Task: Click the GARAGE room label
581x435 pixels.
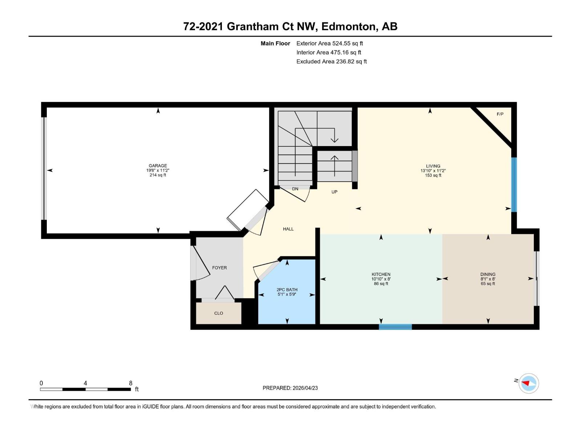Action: click(158, 166)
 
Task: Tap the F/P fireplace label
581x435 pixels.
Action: click(500, 114)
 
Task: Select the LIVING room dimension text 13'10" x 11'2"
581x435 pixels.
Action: click(433, 171)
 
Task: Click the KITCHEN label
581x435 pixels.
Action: click(381, 274)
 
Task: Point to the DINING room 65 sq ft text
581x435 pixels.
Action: click(488, 284)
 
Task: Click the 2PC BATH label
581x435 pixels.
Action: click(287, 290)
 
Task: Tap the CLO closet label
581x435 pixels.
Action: click(218, 313)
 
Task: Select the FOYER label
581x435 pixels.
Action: click(219, 268)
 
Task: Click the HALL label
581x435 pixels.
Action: click(288, 229)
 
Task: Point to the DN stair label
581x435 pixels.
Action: click(295, 189)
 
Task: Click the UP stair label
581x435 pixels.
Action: click(334, 192)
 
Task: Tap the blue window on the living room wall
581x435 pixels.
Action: click(514, 185)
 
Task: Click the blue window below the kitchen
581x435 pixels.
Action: click(395, 327)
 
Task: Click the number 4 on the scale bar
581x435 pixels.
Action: click(85, 383)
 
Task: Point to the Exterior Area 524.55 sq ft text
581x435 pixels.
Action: click(329, 43)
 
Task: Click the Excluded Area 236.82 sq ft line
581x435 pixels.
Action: click(331, 62)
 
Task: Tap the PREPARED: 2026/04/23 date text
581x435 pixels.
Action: click(290, 388)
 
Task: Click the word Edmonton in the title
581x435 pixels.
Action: click(348, 26)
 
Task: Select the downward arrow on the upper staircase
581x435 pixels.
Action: click(334, 139)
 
